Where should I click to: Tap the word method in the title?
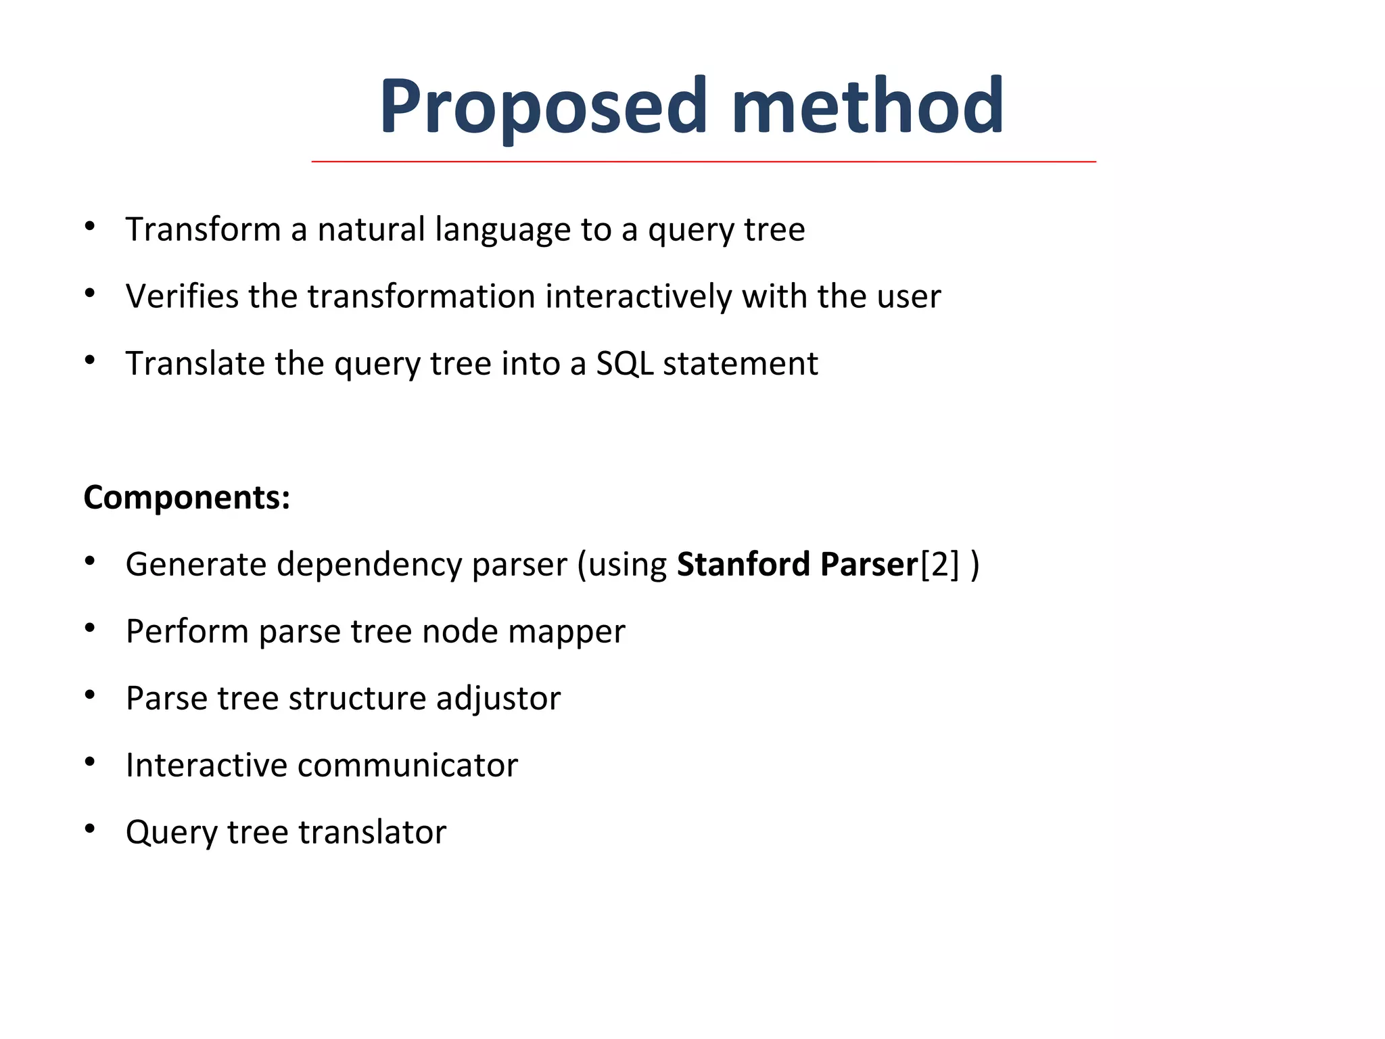pyautogui.click(x=868, y=106)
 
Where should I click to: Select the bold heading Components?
pyautogui.click(x=187, y=497)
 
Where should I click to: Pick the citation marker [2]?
pyautogui.click(x=939, y=564)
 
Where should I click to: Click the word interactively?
pyautogui.click(x=638, y=296)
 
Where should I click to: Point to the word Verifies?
pyautogui.click(x=182, y=296)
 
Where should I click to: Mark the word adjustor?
pyautogui.click(x=498, y=698)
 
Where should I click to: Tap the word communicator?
pyautogui.click(x=407, y=765)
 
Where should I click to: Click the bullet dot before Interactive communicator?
pyautogui.click(x=90, y=762)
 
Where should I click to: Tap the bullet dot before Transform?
pyautogui.click(x=90, y=227)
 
